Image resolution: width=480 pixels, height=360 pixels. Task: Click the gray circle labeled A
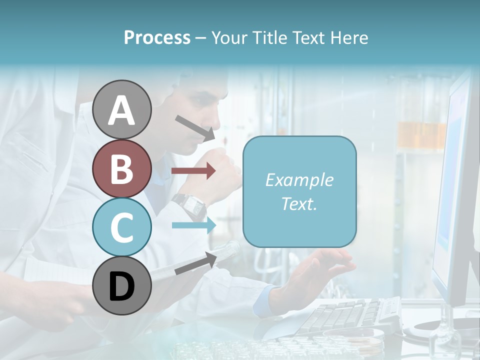tap(122, 110)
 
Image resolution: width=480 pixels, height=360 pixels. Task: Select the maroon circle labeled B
tap(122, 168)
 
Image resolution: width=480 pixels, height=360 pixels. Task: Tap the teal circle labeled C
tap(122, 227)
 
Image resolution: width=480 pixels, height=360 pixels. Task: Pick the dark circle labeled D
tap(122, 285)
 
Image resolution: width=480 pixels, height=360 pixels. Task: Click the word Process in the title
tap(157, 37)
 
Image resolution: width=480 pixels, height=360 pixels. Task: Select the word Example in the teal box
tap(299, 180)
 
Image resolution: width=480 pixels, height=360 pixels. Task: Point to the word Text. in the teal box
tap(299, 203)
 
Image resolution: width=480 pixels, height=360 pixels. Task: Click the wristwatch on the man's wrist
tap(190, 204)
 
